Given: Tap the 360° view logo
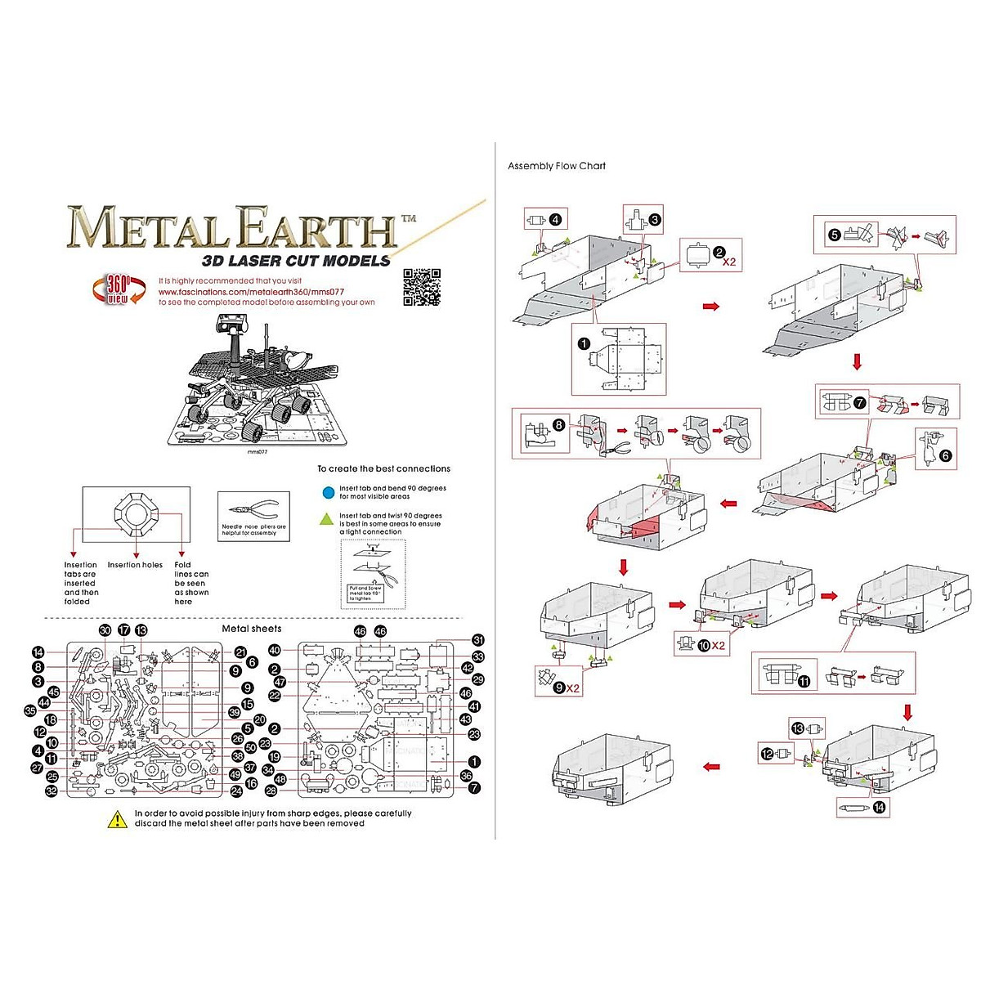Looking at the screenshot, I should [118, 289].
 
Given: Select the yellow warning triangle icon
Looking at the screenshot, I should [118, 818].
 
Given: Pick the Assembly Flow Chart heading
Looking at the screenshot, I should [557, 166].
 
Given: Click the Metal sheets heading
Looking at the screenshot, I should [252, 629].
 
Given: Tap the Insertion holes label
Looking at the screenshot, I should [135, 565].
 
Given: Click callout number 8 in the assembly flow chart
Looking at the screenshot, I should [558, 425].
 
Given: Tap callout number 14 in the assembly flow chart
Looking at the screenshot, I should [879, 808].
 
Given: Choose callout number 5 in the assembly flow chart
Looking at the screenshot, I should [834, 235].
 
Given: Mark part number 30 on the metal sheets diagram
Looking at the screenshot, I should [105, 630].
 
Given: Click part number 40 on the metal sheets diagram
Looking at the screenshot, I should [275, 651].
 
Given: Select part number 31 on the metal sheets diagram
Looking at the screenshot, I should [478, 640].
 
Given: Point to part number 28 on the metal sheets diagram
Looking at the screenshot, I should [271, 791].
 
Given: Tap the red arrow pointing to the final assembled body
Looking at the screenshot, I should [711, 767].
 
